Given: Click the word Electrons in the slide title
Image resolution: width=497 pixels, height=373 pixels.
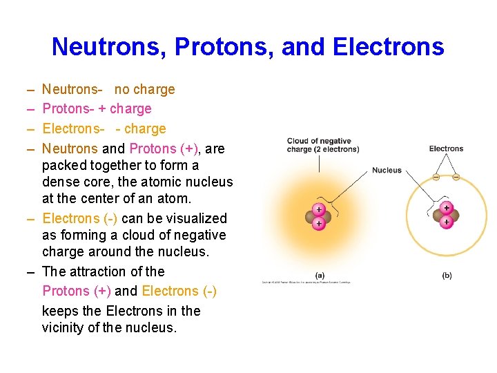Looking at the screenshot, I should coord(389,47).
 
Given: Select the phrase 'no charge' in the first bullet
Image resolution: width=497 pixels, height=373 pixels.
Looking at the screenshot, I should coord(144,89).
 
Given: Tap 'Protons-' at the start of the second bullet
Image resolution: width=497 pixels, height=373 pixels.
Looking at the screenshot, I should coord(66,108).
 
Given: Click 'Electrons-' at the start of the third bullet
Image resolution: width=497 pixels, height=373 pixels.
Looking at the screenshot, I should coord(73,128).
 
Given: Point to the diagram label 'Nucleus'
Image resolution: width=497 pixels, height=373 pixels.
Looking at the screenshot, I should coord(387,170).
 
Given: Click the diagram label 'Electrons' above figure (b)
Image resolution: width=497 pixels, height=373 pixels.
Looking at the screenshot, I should coord(446,149).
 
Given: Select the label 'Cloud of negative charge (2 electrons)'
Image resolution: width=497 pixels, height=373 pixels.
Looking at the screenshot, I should coord(322,145).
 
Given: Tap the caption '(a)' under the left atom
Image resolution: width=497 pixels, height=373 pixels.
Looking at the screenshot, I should coord(320,275).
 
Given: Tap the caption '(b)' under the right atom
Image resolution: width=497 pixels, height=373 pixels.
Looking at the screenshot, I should coord(447,275).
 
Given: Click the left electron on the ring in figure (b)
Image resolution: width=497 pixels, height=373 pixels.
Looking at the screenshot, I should coord(436,177).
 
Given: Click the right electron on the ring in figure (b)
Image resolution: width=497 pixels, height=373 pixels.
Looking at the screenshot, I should coord(456,177).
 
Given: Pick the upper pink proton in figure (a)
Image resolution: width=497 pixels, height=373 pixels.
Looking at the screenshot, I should coord(319,209).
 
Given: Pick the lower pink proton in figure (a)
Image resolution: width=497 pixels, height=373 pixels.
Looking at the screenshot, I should coord(319,224).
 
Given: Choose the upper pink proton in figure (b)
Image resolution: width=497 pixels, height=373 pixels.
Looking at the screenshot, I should coord(447,208).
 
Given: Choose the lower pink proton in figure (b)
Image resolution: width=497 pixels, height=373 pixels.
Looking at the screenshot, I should coord(447,222).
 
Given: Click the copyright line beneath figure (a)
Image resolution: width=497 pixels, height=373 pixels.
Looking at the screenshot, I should coord(306,282).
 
